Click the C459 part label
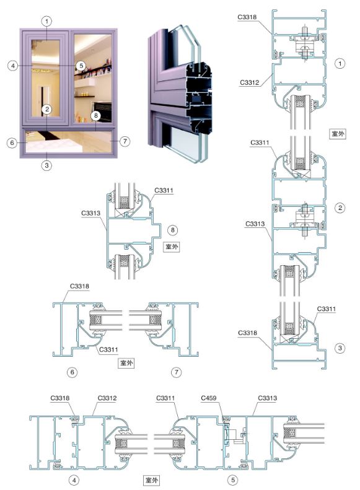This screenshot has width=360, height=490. pyautogui.click(x=208, y=398)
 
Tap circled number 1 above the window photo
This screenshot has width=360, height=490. pyautogui.click(x=47, y=21)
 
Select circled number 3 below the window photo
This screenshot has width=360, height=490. pyautogui.click(x=47, y=165)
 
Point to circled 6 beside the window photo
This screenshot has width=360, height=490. pyautogui.click(x=12, y=143)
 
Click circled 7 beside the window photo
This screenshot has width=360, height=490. pyautogui.click(x=125, y=141)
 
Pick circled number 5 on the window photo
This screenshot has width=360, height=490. pyautogui.click(x=81, y=66)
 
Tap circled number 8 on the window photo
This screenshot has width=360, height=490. pyautogui.click(x=95, y=116)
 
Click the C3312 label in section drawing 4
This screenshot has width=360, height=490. pyautogui.click(x=107, y=398)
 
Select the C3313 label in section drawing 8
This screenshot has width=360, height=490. pyautogui.click(x=90, y=213)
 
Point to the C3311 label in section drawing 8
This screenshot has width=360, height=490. pyautogui.click(x=164, y=190)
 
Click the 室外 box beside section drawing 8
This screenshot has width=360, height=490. pyautogui.click(x=172, y=247)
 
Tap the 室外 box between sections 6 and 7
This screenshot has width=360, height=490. pyautogui.click(x=126, y=363)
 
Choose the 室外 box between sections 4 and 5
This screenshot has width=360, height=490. pyautogui.click(x=151, y=479)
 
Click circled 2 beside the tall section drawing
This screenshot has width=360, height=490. pyautogui.click(x=340, y=208)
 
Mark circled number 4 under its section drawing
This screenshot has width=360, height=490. pyautogui.click(x=74, y=479)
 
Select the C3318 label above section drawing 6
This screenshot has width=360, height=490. pyautogui.click(x=79, y=286)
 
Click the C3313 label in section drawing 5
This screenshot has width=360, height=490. pyautogui.click(x=268, y=398)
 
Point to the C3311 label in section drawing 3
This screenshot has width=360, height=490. pyautogui.click(x=327, y=309)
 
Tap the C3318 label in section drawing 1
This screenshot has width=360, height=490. pyautogui.click(x=247, y=17)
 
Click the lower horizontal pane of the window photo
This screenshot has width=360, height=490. pyautogui.click(x=69, y=142)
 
